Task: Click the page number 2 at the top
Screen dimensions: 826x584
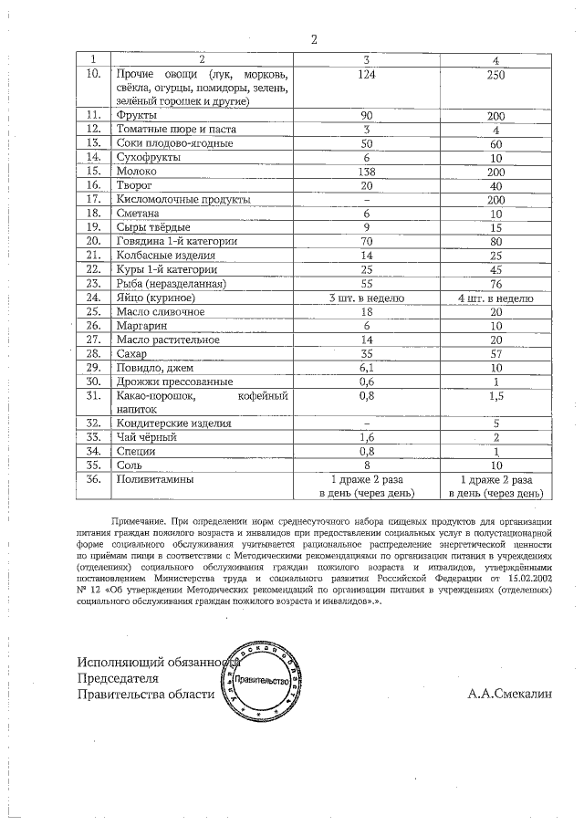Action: [313, 39]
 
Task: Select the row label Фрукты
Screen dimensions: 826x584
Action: [134, 116]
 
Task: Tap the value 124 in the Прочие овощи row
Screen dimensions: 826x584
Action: [367, 74]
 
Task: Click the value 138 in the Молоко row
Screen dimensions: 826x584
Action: [367, 171]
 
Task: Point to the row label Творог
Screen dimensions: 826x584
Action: [133, 184]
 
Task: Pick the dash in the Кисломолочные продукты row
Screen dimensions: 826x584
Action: [367, 199]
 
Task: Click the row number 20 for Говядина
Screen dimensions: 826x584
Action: [92, 241]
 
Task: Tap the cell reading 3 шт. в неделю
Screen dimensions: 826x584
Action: [367, 298]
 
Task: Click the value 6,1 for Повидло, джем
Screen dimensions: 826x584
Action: [367, 367]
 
